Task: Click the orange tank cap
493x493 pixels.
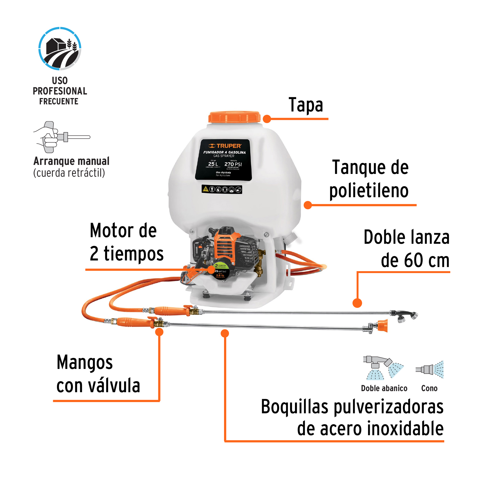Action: pos(234,117)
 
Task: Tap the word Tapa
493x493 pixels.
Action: pos(306,105)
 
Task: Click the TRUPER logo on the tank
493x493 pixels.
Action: pos(225,146)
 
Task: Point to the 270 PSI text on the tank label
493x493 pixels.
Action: pos(233,164)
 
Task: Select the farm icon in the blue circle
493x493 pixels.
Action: pos(60,49)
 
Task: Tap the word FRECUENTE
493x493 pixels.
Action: pos(59,102)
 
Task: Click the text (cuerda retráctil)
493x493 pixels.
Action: pos(69,173)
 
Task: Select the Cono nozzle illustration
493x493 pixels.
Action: pos(430,369)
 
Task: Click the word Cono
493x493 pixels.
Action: pos(429,388)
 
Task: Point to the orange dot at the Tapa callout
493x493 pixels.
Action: pos(267,119)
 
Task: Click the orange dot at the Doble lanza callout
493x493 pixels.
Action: pos(357,303)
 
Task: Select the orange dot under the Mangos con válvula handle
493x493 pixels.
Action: pos(159,332)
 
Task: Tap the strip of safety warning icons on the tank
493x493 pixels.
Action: pos(222,189)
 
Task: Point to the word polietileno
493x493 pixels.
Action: pos(369,191)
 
